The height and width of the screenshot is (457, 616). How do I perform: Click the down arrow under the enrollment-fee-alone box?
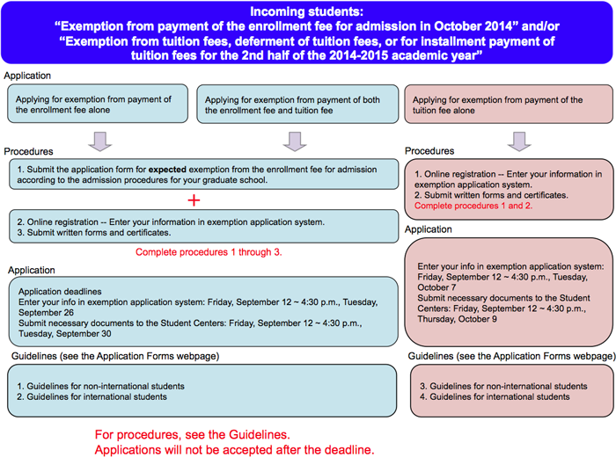click(100, 141)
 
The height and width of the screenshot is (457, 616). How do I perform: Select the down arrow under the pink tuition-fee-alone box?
click(518, 141)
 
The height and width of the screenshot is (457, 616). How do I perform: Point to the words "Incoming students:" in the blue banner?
click(307, 12)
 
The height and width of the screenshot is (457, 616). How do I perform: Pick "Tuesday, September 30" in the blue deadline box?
click(66, 334)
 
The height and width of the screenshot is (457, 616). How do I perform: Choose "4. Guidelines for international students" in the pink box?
click(494, 397)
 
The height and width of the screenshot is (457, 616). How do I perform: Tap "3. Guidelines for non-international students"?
click(502, 386)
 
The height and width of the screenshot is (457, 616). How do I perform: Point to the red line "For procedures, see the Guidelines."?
click(197, 434)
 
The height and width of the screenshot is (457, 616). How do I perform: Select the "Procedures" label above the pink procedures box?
click(429, 151)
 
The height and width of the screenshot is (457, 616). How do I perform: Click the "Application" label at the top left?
click(27, 76)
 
